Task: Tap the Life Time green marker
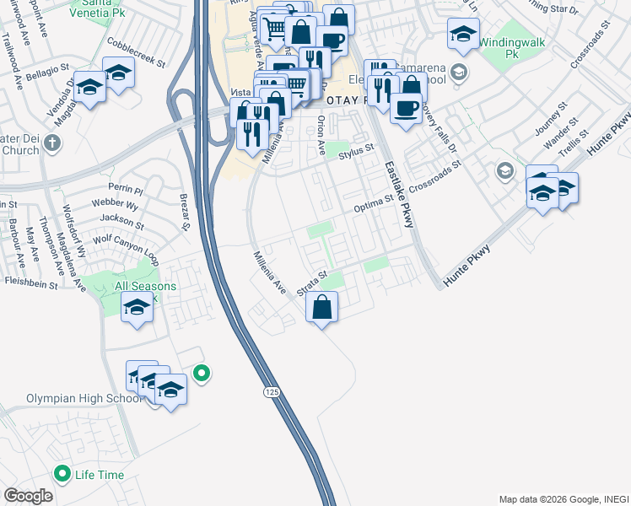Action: pos(62,474)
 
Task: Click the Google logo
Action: pos(28,495)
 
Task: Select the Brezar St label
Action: pos(185,213)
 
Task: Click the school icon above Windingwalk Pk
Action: pos(461,35)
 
